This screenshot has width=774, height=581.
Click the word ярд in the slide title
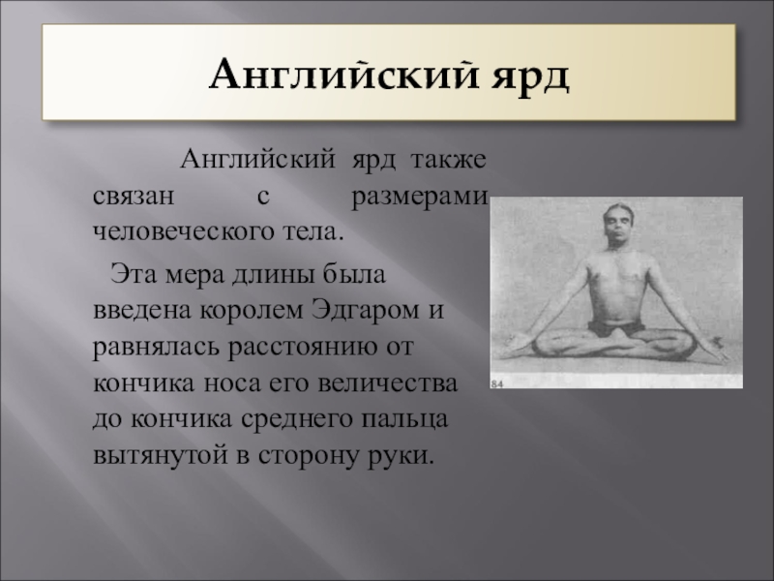click(529, 76)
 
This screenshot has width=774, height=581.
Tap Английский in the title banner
click(344, 74)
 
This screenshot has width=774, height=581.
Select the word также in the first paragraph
click(449, 160)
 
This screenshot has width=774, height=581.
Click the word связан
click(134, 197)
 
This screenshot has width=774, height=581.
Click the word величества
click(388, 383)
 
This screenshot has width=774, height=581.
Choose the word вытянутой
click(161, 455)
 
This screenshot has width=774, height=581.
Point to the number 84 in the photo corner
click(497, 383)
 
